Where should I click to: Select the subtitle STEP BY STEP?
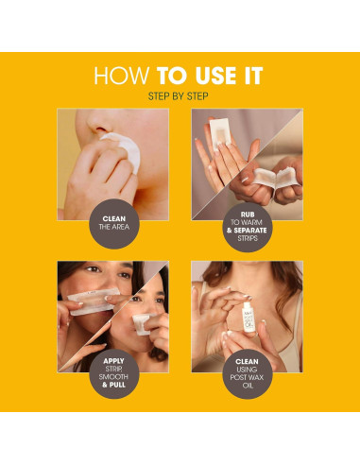180,96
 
